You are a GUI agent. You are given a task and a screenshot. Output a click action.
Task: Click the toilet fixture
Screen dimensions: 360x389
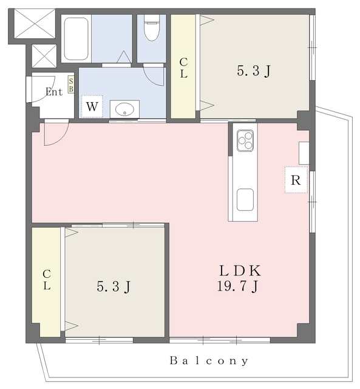pos(152,28)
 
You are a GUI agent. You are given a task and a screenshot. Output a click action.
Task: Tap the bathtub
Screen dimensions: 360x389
pos(76,38)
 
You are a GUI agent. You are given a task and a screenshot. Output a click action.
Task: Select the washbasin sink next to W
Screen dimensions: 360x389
pos(124,109)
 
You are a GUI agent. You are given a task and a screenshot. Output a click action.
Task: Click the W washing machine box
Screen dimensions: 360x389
pos(92,106)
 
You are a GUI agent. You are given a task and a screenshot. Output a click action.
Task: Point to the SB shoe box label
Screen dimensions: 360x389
pos(71,85)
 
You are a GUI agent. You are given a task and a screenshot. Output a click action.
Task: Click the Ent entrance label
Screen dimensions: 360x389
pos(54,92)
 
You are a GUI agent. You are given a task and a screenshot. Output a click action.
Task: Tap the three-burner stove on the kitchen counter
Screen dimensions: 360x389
pos(245,140)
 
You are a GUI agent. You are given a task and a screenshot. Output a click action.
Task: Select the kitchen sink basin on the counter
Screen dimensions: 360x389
pos(245,200)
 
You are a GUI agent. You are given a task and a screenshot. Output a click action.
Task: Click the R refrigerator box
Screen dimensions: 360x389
pos(296,180)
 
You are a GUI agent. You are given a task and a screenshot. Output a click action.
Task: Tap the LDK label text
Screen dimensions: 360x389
pos(240,271)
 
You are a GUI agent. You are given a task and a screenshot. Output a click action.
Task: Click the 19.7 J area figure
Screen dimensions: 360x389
pos(238,286)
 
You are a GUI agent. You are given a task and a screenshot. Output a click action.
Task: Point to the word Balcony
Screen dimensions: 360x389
pos(209,360)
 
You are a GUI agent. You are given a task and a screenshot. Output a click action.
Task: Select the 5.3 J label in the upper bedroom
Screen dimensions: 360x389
pos(254,71)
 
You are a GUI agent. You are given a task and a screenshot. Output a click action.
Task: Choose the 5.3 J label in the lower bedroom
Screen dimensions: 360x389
pos(114,287)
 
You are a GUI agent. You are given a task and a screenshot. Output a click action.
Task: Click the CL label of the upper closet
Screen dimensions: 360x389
pos(183,67)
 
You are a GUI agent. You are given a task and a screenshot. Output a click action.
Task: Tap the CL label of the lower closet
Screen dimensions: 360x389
pos(47,280)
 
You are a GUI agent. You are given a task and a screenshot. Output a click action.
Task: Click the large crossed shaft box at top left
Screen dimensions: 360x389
pos(35,24)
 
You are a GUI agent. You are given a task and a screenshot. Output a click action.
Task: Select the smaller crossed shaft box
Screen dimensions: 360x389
pos(44,56)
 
